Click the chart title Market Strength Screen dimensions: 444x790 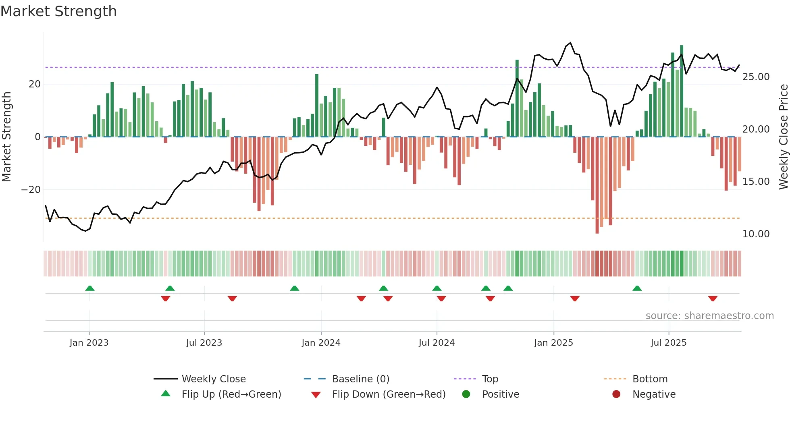tap(58, 11)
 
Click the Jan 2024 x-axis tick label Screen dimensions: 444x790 tap(321, 343)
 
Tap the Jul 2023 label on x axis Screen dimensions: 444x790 tap(204, 343)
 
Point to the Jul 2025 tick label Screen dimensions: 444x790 tap(668, 343)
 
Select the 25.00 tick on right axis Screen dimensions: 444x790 tap(756, 77)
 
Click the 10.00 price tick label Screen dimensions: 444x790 tap(756, 234)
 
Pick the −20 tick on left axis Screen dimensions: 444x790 tap(31, 190)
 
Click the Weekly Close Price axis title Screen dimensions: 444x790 tap(783, 137)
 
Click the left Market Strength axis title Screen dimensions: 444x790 tap(7, 137)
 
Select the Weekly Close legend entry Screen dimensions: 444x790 tap(213, 379)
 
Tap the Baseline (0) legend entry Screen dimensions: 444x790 tap(360, 379)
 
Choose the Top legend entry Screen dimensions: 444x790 tap(490, 379)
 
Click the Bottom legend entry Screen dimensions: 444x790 tap(650, 379)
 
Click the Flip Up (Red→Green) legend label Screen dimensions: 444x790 tap(231, 394)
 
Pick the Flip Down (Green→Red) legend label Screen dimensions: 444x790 tap(389, 394)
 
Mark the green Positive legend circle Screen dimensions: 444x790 tap(466, 394)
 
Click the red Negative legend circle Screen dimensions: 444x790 tap(616, 394)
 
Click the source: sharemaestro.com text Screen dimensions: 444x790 tap(709, 316)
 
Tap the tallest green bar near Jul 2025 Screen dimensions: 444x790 tap(682, 91)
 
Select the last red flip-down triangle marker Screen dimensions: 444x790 tap(713, 299)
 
